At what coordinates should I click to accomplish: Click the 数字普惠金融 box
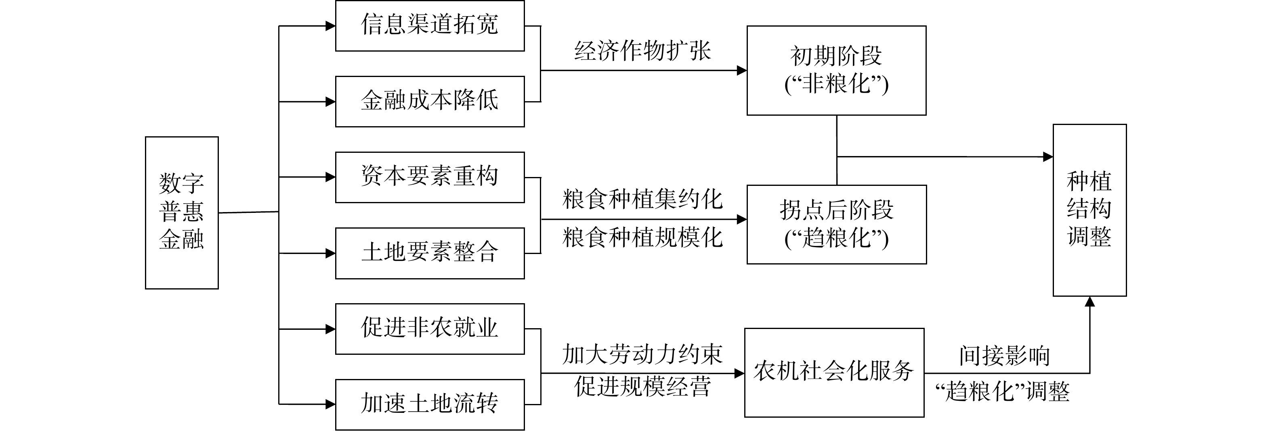[x=182, y=212]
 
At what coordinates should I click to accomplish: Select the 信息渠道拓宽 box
[x=430, y=26]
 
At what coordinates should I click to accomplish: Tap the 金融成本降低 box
[x=430, y=101]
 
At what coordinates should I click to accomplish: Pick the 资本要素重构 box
[x=430, y=177]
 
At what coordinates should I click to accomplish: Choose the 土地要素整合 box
[x=430, y=253]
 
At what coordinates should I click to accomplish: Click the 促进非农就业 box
[x=430, y=329]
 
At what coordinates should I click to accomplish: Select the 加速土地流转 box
[x=430, y=404]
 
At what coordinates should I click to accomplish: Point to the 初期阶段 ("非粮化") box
[x=836, y=71]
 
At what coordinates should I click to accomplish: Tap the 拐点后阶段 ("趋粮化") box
[x=836, y=225]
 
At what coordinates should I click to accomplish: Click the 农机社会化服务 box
[x=834, y=372]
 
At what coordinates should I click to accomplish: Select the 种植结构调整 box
[x=1089, y=210]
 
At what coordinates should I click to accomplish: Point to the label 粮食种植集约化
[x=642, y=200]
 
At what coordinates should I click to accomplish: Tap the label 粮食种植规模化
[x=642, y=238]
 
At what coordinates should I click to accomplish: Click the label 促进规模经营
[x=642, y=387]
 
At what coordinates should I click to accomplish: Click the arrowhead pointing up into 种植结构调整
[x=1090, y=301]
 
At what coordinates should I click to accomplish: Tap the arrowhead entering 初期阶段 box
[x=742, y=71]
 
